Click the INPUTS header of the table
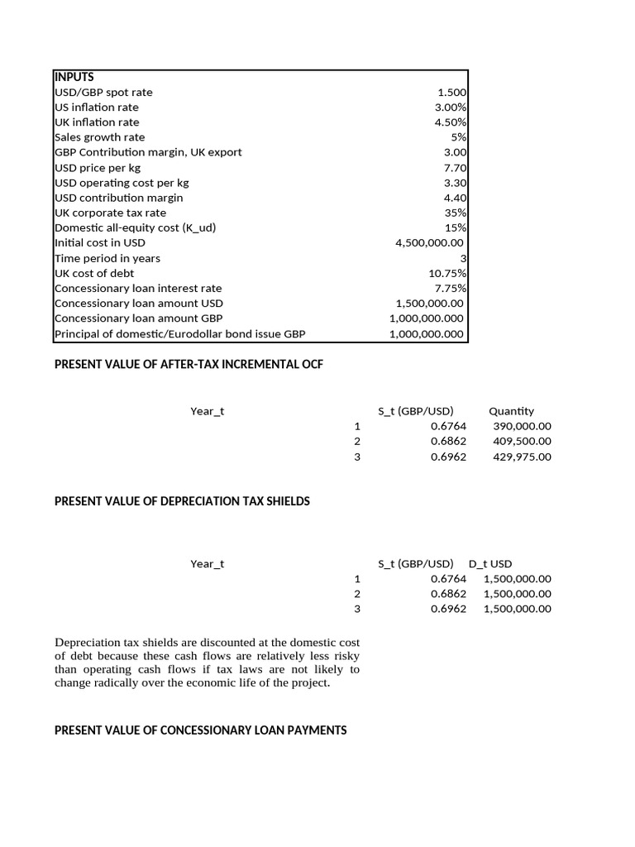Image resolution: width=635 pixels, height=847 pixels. click(x=74, y=77)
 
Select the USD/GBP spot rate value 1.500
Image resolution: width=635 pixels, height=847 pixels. click(x=451, y=93)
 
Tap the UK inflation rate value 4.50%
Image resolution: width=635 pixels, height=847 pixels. click(x=451, y=122)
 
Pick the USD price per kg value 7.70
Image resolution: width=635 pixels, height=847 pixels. click(x=456, y=168)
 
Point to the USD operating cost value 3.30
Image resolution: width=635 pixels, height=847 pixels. click(x=456, y=183)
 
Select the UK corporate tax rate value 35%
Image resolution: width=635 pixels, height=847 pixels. click(x=456, y=213)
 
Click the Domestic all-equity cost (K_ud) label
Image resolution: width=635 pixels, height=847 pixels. click(x=135, y=227)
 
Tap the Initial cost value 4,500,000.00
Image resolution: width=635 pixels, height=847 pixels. click(x=430, y=243)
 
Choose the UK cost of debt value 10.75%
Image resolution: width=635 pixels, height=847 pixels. click(x=448, y=273)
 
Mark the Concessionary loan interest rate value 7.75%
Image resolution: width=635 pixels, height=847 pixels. click(x=451, y=288)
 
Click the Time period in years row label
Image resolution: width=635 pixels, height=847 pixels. click(x=107, y=258)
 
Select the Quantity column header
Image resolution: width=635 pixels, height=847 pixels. click(x=511, y=411)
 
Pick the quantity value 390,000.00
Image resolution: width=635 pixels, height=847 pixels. click(x=522, y=426)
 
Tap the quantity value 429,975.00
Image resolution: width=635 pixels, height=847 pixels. click(x=522, y=457)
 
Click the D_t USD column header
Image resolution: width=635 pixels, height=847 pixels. click(x=490, y=564)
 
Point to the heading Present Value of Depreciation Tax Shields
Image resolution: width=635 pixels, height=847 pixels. click(x=182, y=501)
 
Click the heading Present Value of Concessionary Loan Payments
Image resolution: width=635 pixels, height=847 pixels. click(x=200, y=730)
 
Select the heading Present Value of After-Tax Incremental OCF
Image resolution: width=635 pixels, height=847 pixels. click(x=189, y=364)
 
